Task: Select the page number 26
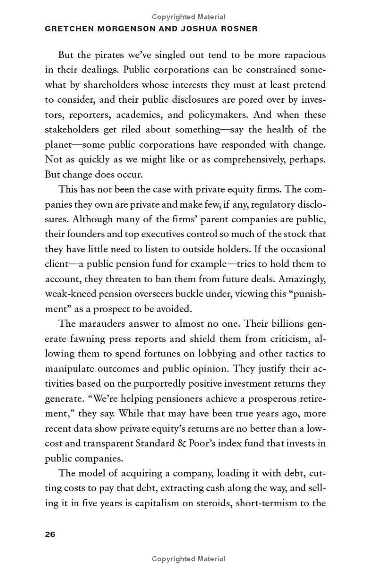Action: [x=50, y=534]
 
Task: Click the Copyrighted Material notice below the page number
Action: [x=188, y=559]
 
